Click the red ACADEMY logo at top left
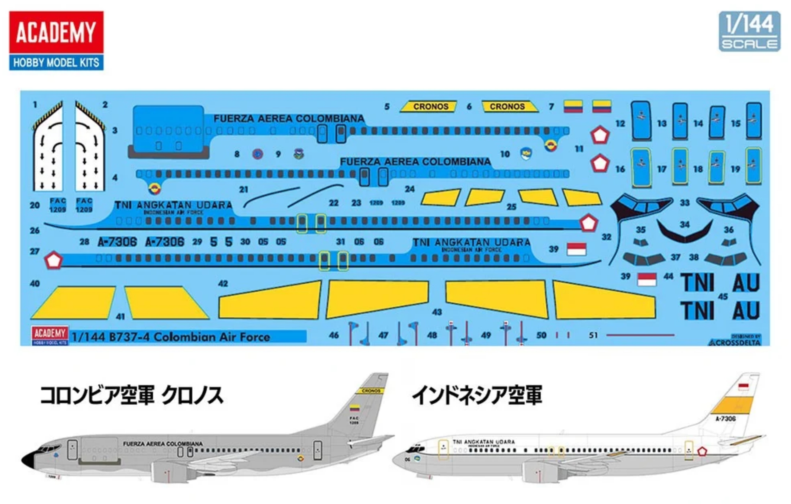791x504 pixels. coord(56,32)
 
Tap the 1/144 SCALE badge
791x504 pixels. coord(749,31)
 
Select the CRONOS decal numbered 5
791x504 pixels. coord(429,106)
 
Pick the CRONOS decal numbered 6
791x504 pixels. coord(509,106)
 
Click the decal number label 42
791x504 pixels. coord(223,283)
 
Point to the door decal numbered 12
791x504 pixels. coord(641,120)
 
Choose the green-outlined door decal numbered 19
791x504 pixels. coord(753,166)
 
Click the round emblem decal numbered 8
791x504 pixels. coord(258,154)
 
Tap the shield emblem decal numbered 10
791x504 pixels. coord(526,153)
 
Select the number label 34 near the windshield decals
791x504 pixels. coord(685,224)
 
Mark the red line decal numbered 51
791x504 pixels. coord(640,335)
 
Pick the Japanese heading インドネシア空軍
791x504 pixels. coord(477,395)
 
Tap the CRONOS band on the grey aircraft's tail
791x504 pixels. coord(371,391)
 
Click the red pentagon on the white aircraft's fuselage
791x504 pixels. coord(702,452)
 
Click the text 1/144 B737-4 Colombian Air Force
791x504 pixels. coord(171,337)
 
